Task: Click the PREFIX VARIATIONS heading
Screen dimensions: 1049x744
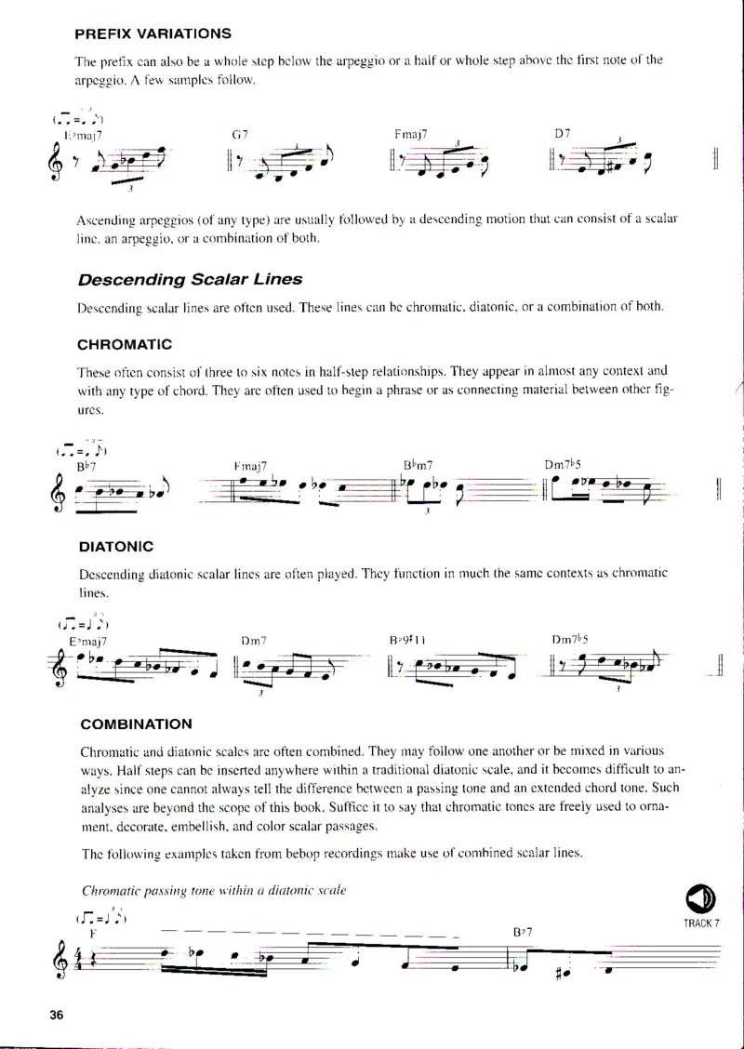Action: coord(153,33)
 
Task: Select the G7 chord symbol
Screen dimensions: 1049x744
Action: coord(239,135)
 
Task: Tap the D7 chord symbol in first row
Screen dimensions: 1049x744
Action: coord(562,134)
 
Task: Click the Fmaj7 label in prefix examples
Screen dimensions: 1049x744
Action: coord(410,134)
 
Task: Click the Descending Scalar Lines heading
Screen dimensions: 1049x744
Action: coord(190,279)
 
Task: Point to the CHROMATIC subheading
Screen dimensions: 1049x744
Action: coord(125,344)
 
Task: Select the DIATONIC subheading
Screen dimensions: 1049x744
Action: coord(116,547)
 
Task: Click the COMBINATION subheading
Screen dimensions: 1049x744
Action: coord(137,724)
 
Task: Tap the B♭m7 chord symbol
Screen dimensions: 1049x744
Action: coord(419,464)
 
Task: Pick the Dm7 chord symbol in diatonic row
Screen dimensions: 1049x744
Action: coord(254,640)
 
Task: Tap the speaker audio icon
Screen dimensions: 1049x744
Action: coord(700,898)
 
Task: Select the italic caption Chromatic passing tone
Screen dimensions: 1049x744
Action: coord(214,890)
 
